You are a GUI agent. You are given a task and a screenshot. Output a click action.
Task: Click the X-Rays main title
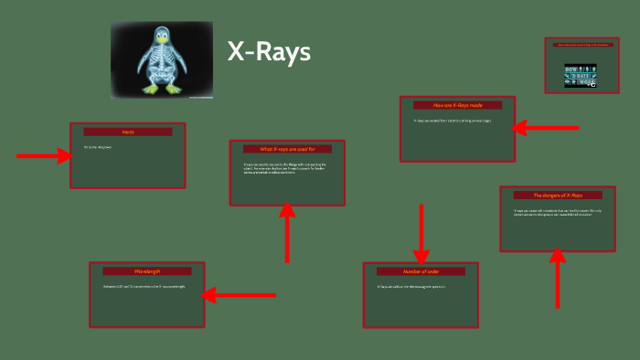point(269,52)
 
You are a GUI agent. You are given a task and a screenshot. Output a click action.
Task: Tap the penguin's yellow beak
point(164,40)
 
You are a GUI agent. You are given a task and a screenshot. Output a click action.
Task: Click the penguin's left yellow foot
point(149,89)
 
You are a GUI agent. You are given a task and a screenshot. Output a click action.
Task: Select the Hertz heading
point(128,132)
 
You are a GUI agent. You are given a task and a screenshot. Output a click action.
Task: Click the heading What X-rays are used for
point(287,149)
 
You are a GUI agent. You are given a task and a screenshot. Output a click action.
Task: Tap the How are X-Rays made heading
point(457,105)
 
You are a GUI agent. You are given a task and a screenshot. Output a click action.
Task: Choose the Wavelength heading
point(146,271)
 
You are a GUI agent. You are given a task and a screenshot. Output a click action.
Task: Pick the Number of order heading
point(421,271)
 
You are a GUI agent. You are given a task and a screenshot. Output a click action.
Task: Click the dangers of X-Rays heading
point(558,195)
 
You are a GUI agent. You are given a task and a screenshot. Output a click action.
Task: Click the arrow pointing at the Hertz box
point(44,156)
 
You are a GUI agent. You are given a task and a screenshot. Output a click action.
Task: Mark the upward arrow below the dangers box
point(558,279)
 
